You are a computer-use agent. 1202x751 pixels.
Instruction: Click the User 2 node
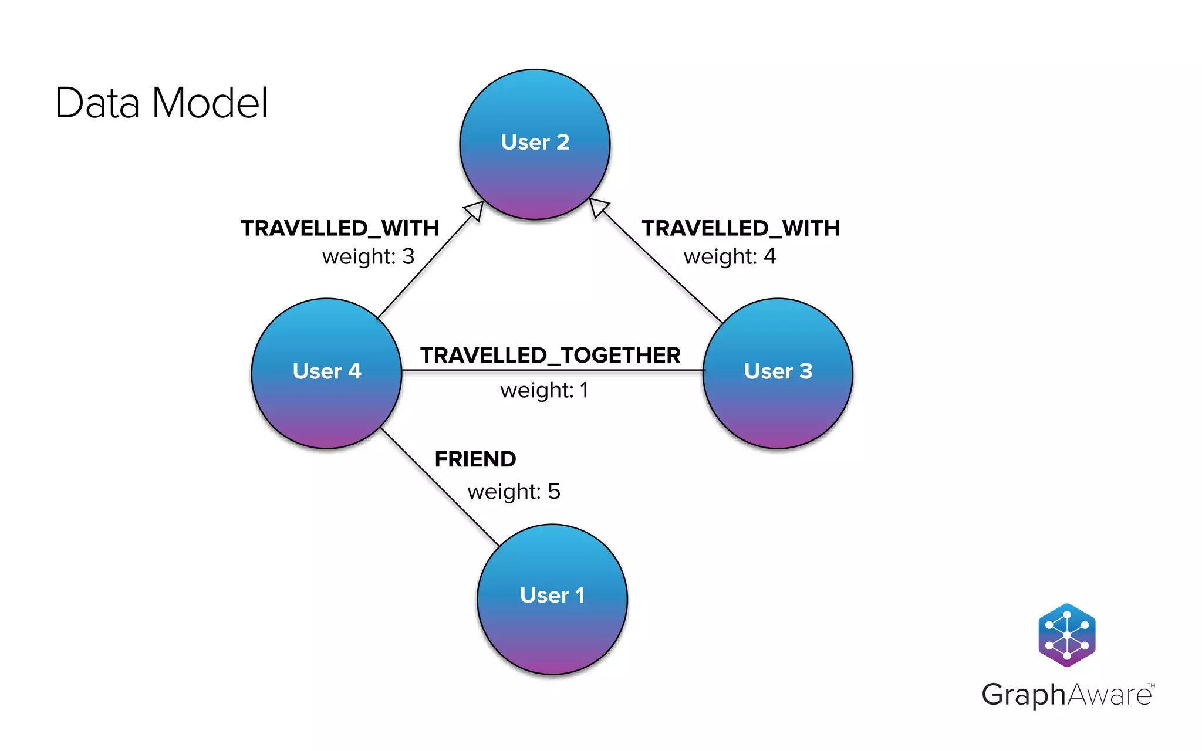pos(535,144)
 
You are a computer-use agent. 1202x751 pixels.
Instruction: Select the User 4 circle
pos(326,373)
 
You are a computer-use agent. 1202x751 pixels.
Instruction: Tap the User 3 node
pos(778,373)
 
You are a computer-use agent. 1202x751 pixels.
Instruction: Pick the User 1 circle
pos(552,599)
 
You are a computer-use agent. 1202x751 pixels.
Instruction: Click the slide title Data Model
pos(161,103)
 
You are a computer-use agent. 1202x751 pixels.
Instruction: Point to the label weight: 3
pos(368,256)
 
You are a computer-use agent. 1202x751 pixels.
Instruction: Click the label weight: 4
pos(730,256)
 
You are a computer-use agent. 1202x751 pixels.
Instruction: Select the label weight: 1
pos(544,390)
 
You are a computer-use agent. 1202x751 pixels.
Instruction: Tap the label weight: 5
pos(514,491)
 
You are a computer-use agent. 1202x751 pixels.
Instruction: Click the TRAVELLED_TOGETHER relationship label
pos(550,355)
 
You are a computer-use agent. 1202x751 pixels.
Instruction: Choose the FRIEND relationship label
pos(475,459)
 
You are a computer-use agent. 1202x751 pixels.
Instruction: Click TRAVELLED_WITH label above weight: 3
pos(340,228)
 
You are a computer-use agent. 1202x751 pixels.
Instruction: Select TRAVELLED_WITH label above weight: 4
pos(741,228)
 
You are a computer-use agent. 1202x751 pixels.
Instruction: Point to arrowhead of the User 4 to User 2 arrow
pos(475,209)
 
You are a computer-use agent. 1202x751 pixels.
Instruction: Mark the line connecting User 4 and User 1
pos(439,486)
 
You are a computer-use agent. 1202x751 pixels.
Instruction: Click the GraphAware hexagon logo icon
pos(1066,635)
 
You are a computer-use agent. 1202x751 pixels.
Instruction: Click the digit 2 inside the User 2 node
pos(563,142)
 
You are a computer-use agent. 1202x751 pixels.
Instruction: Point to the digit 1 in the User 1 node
pos(580,595)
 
